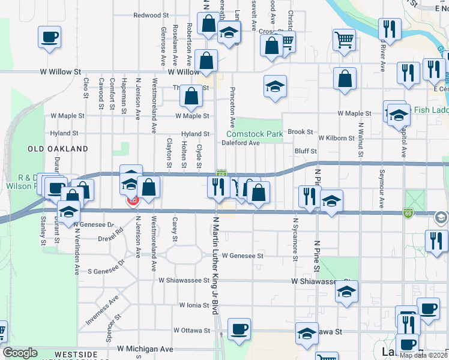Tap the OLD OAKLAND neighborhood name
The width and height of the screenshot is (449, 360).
(58, 148)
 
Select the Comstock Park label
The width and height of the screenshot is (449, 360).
(255, 134)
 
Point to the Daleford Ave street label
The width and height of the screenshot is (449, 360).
(240, 143)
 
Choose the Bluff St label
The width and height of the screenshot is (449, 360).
(305, 151)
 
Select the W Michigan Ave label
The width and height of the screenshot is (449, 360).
(145, 349)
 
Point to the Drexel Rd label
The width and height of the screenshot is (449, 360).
(110, 238)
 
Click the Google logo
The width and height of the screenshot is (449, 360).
(20, 353)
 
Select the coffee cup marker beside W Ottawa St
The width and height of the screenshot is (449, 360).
(239, 329)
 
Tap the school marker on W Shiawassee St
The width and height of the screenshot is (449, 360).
(346, 291)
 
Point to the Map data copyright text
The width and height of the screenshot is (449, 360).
(422, 355)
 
